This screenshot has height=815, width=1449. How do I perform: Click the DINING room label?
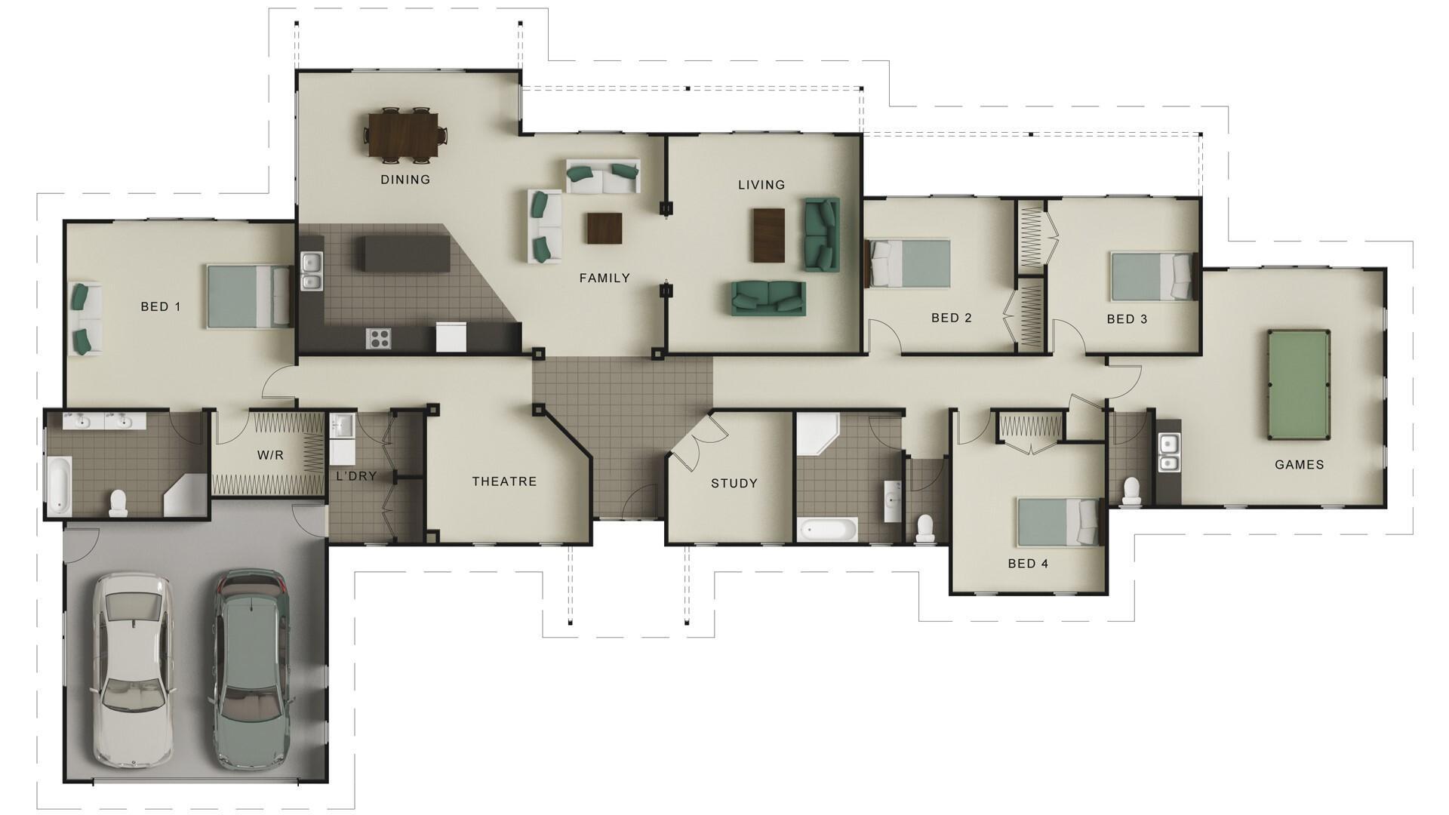[x=405, y=180]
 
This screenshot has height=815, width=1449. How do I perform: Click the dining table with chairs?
[x=405, y=135]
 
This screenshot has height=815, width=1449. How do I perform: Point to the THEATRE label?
[x=504, y=481]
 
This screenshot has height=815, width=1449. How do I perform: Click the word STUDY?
[x=734, y=484]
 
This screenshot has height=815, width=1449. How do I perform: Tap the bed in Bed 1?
[x=248, y=296]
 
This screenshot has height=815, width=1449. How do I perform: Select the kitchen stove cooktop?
[x=378, y=338]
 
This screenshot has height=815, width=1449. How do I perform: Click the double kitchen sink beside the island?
[x=311, y=272]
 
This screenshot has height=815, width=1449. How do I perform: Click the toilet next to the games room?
[x=1131, y=491]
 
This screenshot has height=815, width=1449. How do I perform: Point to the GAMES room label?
[x=1299, y=465]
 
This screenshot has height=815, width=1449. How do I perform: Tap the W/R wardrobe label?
[x=270, y=456]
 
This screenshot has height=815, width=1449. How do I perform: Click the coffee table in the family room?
[x=605, y=228]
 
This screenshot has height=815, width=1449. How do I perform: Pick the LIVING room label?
[x=761, y=185]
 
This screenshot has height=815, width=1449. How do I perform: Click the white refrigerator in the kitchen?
[x=451, y=337]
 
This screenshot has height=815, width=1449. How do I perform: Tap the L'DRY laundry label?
[x=356, y=476]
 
